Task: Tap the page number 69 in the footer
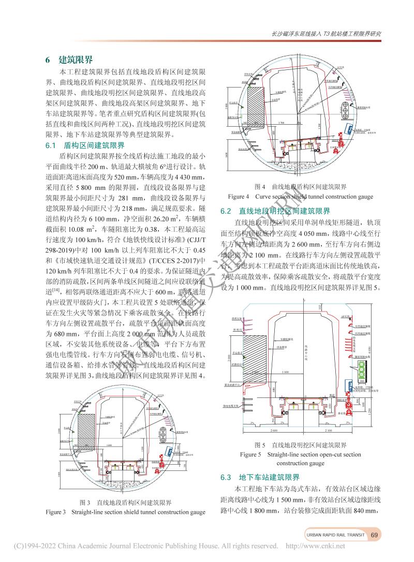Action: pos(375,535)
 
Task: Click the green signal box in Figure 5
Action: pos(361,372)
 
